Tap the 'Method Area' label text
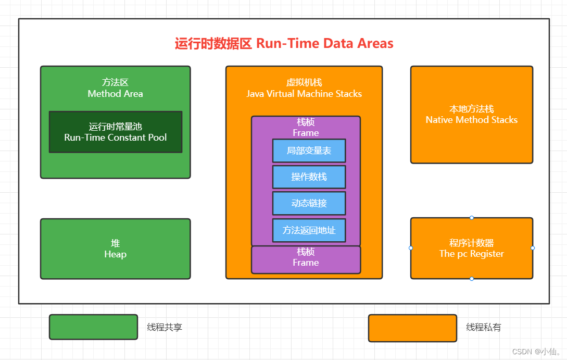[115, 94]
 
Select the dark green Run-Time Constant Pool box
[116, 132]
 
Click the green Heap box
[115, 249]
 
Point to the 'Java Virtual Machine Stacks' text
[304, 94]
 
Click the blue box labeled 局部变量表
[309, 151]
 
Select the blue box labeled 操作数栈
[309, 177]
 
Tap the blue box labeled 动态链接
[309, 203]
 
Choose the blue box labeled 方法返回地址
[309, 230]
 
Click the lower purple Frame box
[306, 259]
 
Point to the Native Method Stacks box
[471, 115]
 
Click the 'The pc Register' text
[471, 254]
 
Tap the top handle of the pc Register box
[471, 217]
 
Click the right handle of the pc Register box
[533, 248]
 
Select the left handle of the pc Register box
[411, 248]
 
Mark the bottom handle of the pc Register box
[471, 279]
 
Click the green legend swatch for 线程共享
[93, 327]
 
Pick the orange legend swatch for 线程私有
[412, 328]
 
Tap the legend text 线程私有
[484, 328]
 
